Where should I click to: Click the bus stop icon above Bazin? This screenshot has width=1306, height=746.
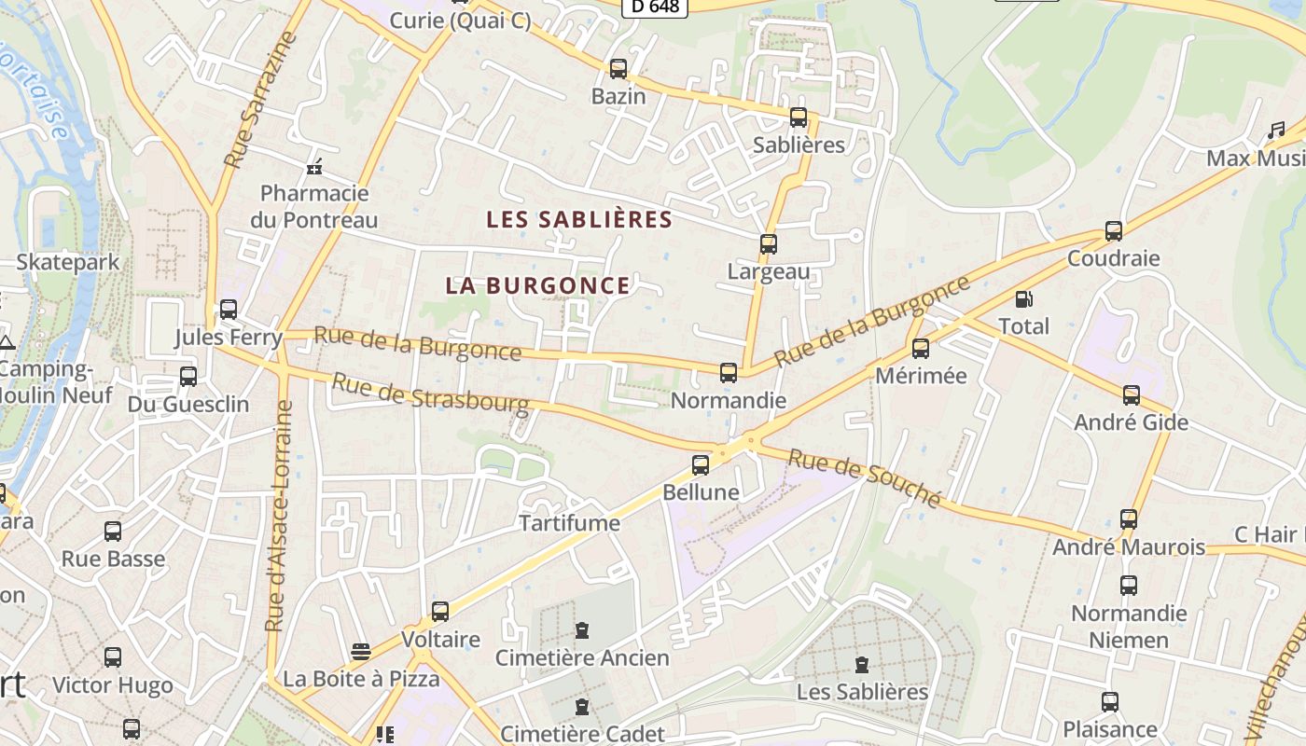click(618, 68)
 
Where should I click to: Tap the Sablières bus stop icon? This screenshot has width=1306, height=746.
click(799, 117)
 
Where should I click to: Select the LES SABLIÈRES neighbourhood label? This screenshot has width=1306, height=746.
click(579, 220)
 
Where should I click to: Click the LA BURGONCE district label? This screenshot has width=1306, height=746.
click(537, 285)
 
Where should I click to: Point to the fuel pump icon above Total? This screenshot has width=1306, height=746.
click(1023, 299)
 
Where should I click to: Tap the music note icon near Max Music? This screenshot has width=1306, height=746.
click(1276, 131)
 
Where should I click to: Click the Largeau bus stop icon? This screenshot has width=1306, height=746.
click(768, 244)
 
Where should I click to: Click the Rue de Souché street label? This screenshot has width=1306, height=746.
click(864, 478)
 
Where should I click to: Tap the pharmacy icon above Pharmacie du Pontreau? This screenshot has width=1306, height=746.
click(314, 167)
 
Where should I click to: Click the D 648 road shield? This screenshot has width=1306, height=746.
click(655, 7)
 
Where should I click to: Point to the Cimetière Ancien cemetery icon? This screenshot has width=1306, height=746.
click(582, 630)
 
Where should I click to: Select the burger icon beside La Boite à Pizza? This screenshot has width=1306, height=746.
click(361, 651)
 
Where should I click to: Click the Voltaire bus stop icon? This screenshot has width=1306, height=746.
click(439, 612)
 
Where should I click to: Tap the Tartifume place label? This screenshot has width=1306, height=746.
click(569, 523)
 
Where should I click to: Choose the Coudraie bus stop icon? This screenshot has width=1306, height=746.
click(1113, 230)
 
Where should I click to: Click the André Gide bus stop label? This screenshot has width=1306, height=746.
click(1131, 422)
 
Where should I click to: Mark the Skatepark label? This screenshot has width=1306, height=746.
click(68, 262)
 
